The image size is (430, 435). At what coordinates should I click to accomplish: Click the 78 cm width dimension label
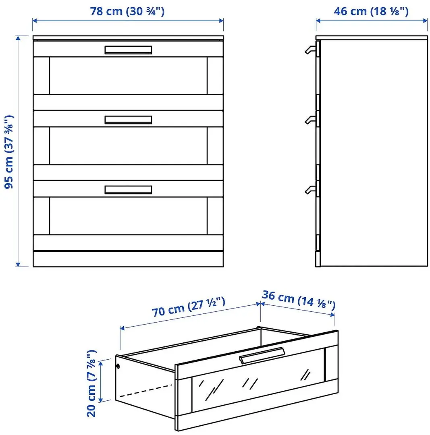click(x=127, y=11)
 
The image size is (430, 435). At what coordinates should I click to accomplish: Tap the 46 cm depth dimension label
click(x=371, y=11)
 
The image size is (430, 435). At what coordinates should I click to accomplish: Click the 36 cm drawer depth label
click(x=299, y=300)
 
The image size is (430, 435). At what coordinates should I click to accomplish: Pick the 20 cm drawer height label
click(x=92, y=383)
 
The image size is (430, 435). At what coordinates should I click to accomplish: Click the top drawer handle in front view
click(x=128, y=50)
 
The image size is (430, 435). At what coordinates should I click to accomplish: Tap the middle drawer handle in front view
click(x=128, y=120)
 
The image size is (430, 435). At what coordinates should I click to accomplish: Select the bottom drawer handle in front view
click(x=128, y=190)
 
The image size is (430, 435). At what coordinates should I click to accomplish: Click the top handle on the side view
click(x=311, y=50)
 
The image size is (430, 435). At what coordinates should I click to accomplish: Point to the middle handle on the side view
click(x=311, y=119)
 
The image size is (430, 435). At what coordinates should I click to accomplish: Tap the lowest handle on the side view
click(x=311, y=189)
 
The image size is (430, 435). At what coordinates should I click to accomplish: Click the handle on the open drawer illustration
click(x=262, y=355)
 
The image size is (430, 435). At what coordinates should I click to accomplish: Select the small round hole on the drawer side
click(x=118, y=367)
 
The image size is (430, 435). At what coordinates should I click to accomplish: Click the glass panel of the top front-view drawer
click(x=128, y=75)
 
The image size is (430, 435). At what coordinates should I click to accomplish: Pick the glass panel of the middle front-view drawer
click(x=128, y=145)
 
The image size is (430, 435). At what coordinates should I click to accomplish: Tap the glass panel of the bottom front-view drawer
click(x=128, y=215)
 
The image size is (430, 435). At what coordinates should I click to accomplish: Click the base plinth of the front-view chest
click(x=128, y=259)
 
